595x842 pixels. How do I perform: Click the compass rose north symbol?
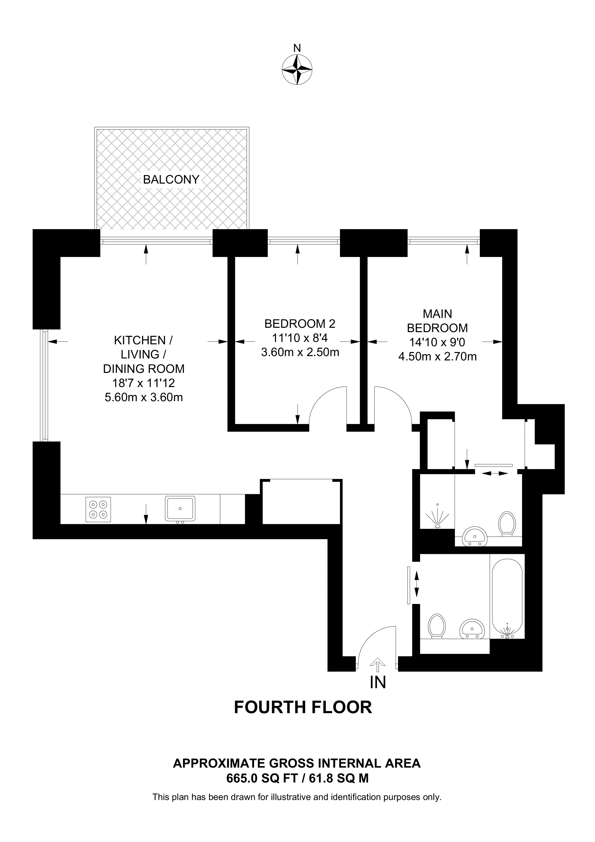[x=297, y=69]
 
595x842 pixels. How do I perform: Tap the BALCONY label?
[x=171, y=179]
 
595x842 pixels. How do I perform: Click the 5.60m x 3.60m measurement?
[x=144, y=397]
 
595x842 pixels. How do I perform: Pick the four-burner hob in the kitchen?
[x=98, y=509]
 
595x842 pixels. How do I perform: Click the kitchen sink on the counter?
[x=180, y=508]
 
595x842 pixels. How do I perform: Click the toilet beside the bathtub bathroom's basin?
[x=437, y=626]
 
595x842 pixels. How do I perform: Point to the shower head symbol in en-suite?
[x=437, y=517]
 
